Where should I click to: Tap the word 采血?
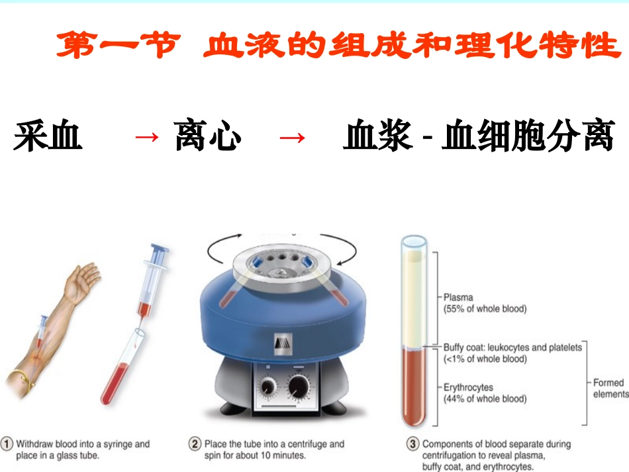tap(48, 137)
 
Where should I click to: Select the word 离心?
tap(208, 137)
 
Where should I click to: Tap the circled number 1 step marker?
tap(7, 444)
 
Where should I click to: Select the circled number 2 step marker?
tap(195, 444)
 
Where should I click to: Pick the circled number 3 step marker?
tap(412, 444)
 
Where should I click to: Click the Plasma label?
tap(458, 298)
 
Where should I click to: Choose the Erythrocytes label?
tap(468, 387)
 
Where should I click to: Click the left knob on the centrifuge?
tap(269, 387)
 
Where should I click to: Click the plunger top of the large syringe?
tap(160, 250)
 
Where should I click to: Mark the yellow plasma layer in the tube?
tap(414, 298)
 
